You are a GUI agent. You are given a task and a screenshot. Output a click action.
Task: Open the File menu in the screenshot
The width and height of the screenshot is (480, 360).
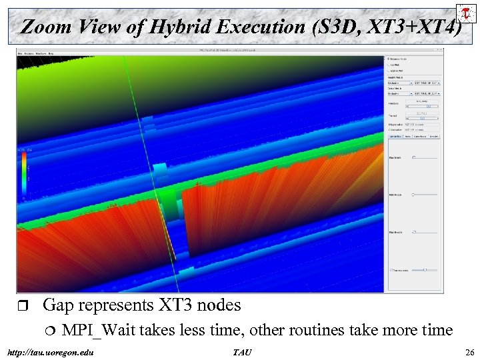click(20, 53)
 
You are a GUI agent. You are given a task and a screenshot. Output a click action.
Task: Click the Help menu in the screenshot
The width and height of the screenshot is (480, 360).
click(51, 53)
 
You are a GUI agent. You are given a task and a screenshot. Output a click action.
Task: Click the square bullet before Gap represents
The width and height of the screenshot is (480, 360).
click(25, 306)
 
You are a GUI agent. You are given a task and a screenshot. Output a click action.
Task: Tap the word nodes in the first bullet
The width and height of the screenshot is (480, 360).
click(219, 305)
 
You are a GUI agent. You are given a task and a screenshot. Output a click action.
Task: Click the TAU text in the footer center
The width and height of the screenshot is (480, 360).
click(241, 351)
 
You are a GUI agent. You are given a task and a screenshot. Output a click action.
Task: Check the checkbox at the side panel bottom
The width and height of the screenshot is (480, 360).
click(391, 270)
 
